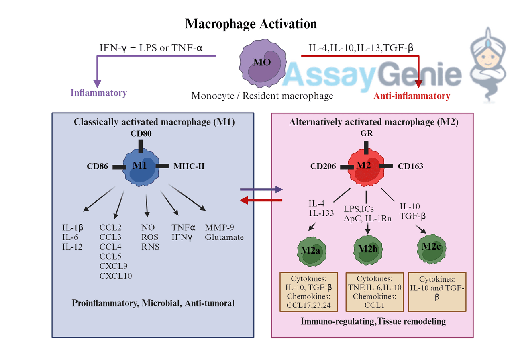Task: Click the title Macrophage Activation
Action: pyautogui.click(x=251, y=24)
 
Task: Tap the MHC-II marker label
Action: pyautogui.click(x=189, y=166)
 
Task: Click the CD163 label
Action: pyautogui.click(x=410, y=166)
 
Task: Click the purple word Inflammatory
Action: pyautogui.click(x=99, y=93)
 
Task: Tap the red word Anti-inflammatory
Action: pyautogui.click(x=412, y=96)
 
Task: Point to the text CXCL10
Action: pyautogui.click(x=116, y=276)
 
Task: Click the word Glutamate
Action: pyautogui.click(x=224, y=237)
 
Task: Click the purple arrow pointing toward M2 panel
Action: pyautogui.click(x=261, y=189)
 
